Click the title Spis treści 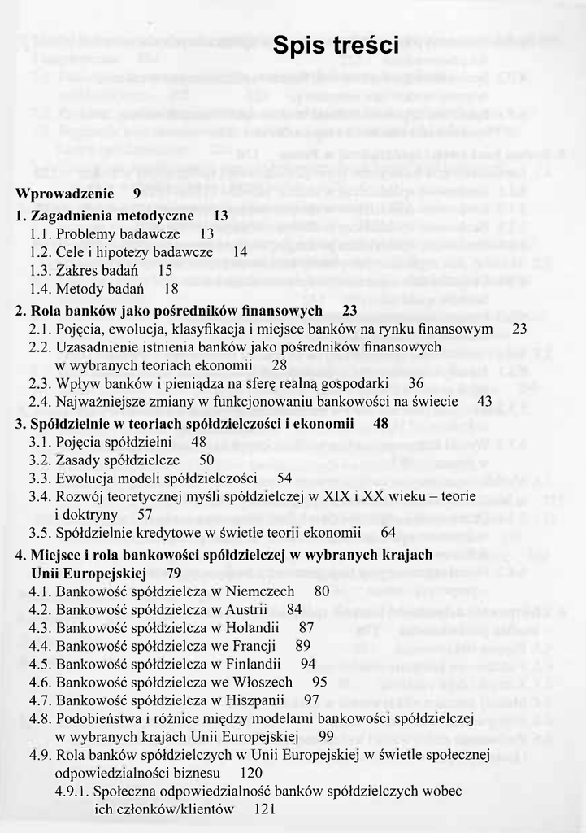click(335, 46)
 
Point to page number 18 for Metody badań click(171, 289)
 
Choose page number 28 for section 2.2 click(279, 365)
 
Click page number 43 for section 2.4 click(484, 402)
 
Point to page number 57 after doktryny click(145, 515)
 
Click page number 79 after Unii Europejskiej click(173, 574)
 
